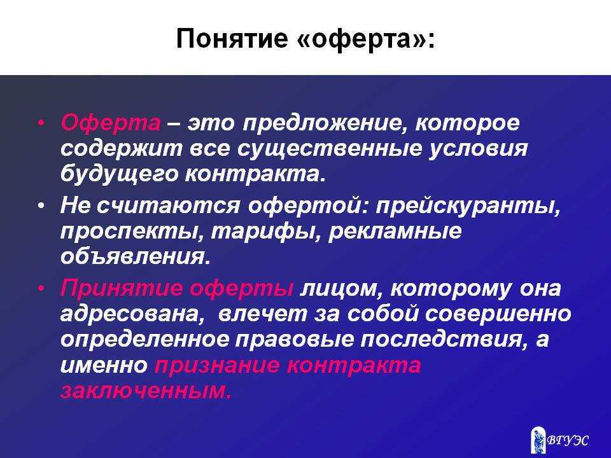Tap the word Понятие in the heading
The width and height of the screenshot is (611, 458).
pos(232,39)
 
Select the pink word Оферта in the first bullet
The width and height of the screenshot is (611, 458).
pos(111,123)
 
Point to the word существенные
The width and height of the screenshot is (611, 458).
pos(329,149)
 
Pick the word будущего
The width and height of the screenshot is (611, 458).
pos(118,174)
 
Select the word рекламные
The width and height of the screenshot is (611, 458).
pos(395,232)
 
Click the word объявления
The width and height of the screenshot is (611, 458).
pos(135,256)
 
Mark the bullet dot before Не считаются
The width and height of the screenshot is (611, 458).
pos(41,205)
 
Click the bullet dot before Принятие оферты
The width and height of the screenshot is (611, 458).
pos(41,288)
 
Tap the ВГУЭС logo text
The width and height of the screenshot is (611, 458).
pos(567,440)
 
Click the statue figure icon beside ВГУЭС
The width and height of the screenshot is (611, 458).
pos(538,440)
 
